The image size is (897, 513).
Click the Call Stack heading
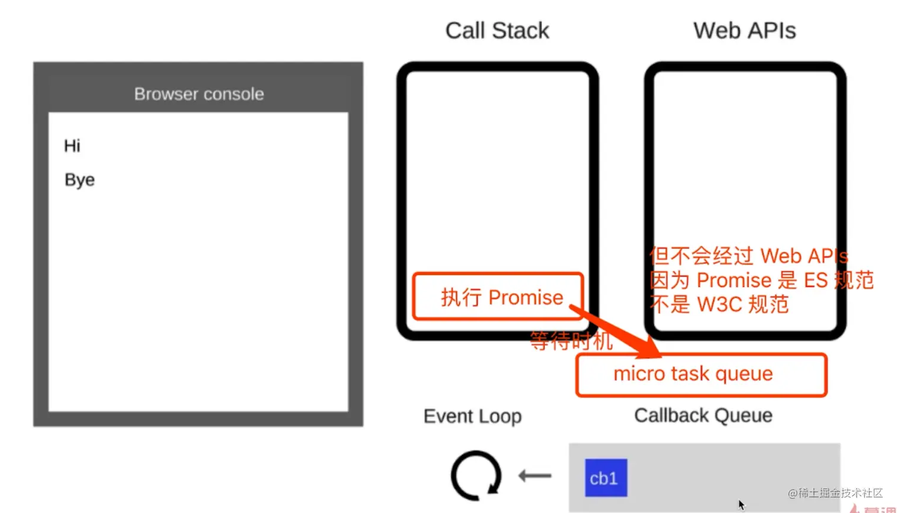tap(497, 31)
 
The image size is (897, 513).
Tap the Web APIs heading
tap(745, 31)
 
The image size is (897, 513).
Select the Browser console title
tap(199, 94)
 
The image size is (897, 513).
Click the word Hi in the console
tap(72, 146)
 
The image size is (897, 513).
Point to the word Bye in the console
tap(79, 180)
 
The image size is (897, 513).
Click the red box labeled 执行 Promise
tap(498, 297)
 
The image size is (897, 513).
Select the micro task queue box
tap(701, 375)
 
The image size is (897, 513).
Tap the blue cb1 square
tap(606, 478)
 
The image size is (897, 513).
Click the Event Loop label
tap(472, 416)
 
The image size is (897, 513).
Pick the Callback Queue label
tap(703, 416)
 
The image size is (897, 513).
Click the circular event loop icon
tap(476, 476)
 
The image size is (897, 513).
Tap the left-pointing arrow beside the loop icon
tap(535, 476)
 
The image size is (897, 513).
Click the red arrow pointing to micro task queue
tap(617, 333)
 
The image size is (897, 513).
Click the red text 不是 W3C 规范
tap(719, 305)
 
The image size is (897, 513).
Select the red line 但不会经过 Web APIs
tap(749, 256)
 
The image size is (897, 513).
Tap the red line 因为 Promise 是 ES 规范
tap(761, 280)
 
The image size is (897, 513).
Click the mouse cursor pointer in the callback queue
tap(741, 505)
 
